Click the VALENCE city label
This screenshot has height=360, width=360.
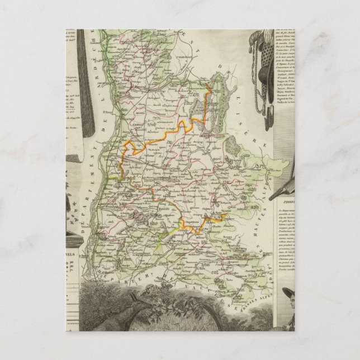point(130,134)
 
